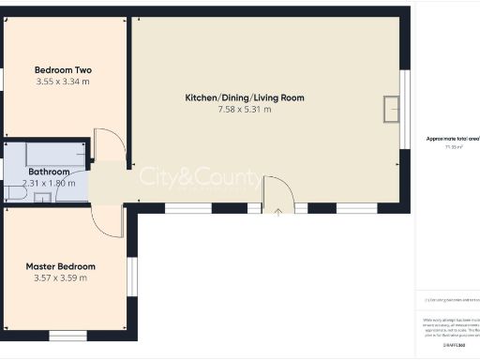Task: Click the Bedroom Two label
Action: click(x=63, y=70)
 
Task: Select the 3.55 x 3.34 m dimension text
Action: click(x=63, y=82)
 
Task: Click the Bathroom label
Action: click(x=49, y=172)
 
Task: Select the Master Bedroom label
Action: click(x=60, y=266)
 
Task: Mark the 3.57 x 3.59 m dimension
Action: click(x=60, y=277)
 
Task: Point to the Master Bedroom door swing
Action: click(x=108, y=220)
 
